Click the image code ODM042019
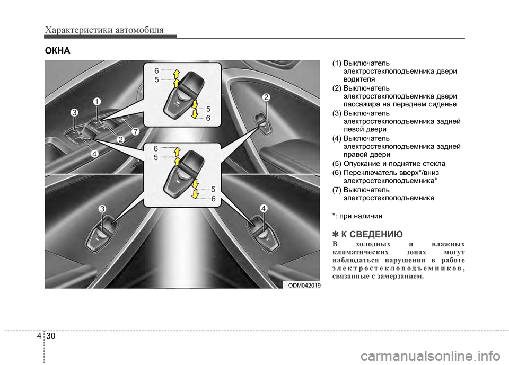coord(304,285)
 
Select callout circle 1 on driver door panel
coord(97,101)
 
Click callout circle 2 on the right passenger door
coord(266,97)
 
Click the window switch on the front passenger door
coord(262,122)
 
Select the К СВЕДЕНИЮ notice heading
coord(367,234)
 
